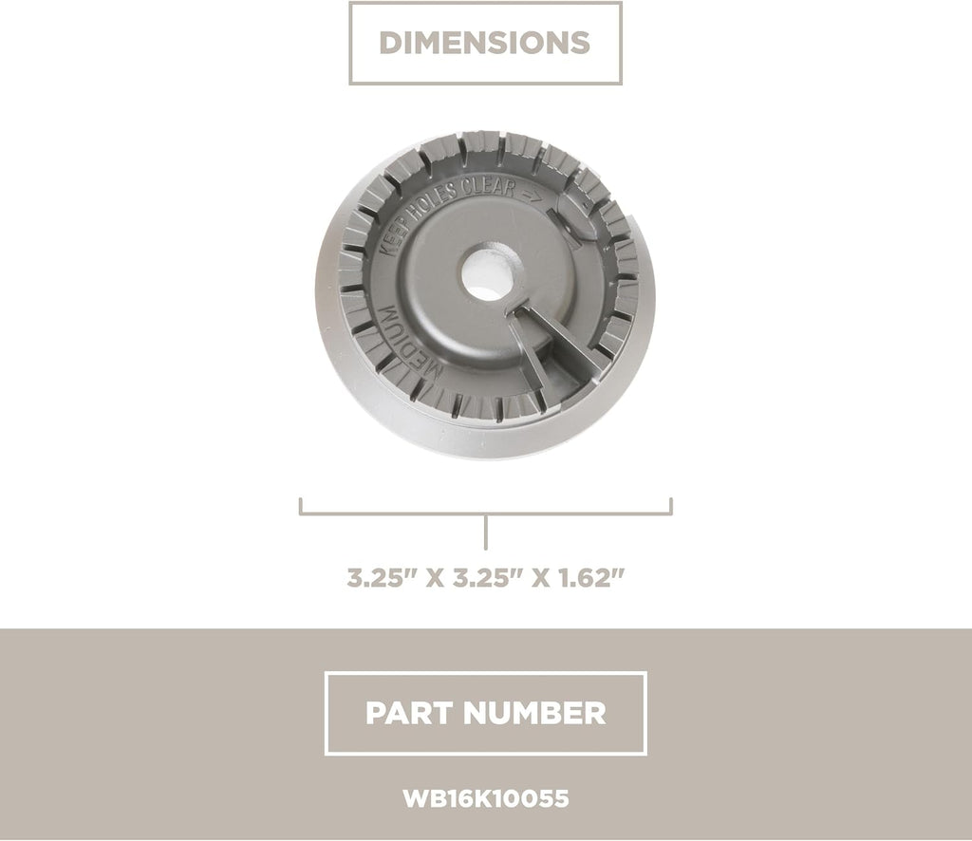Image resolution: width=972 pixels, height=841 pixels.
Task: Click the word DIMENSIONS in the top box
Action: point(485,43)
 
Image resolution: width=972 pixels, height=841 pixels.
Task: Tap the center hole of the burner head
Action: point(492,272)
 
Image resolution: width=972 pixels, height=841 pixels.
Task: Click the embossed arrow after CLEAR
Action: point(531,196)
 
